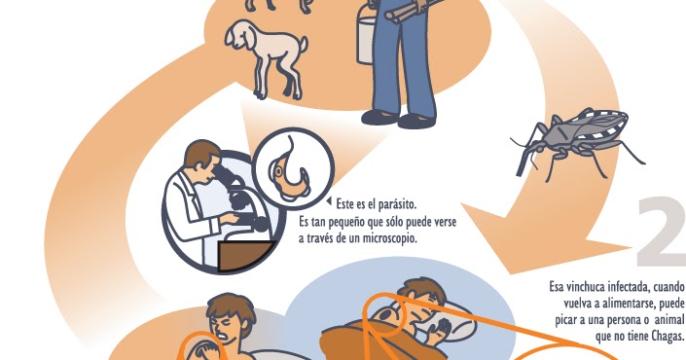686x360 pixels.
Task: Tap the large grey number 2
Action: click(x=662, y=234)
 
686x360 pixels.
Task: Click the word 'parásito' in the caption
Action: click(x=394, y=204)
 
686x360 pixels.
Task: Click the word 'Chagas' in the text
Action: click(x=666, y=337)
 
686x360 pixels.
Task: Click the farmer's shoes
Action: click(x=400, y=118)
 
